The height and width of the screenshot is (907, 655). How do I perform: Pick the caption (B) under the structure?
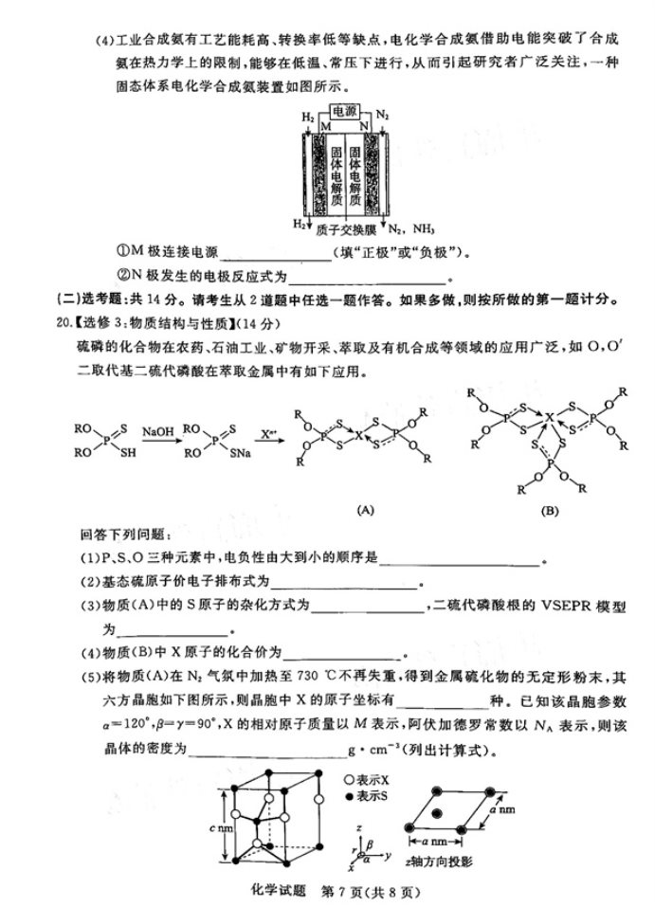(550, 511)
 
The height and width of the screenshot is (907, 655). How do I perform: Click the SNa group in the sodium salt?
(240, 458)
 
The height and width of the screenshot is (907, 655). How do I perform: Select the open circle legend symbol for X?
(350, 776)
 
